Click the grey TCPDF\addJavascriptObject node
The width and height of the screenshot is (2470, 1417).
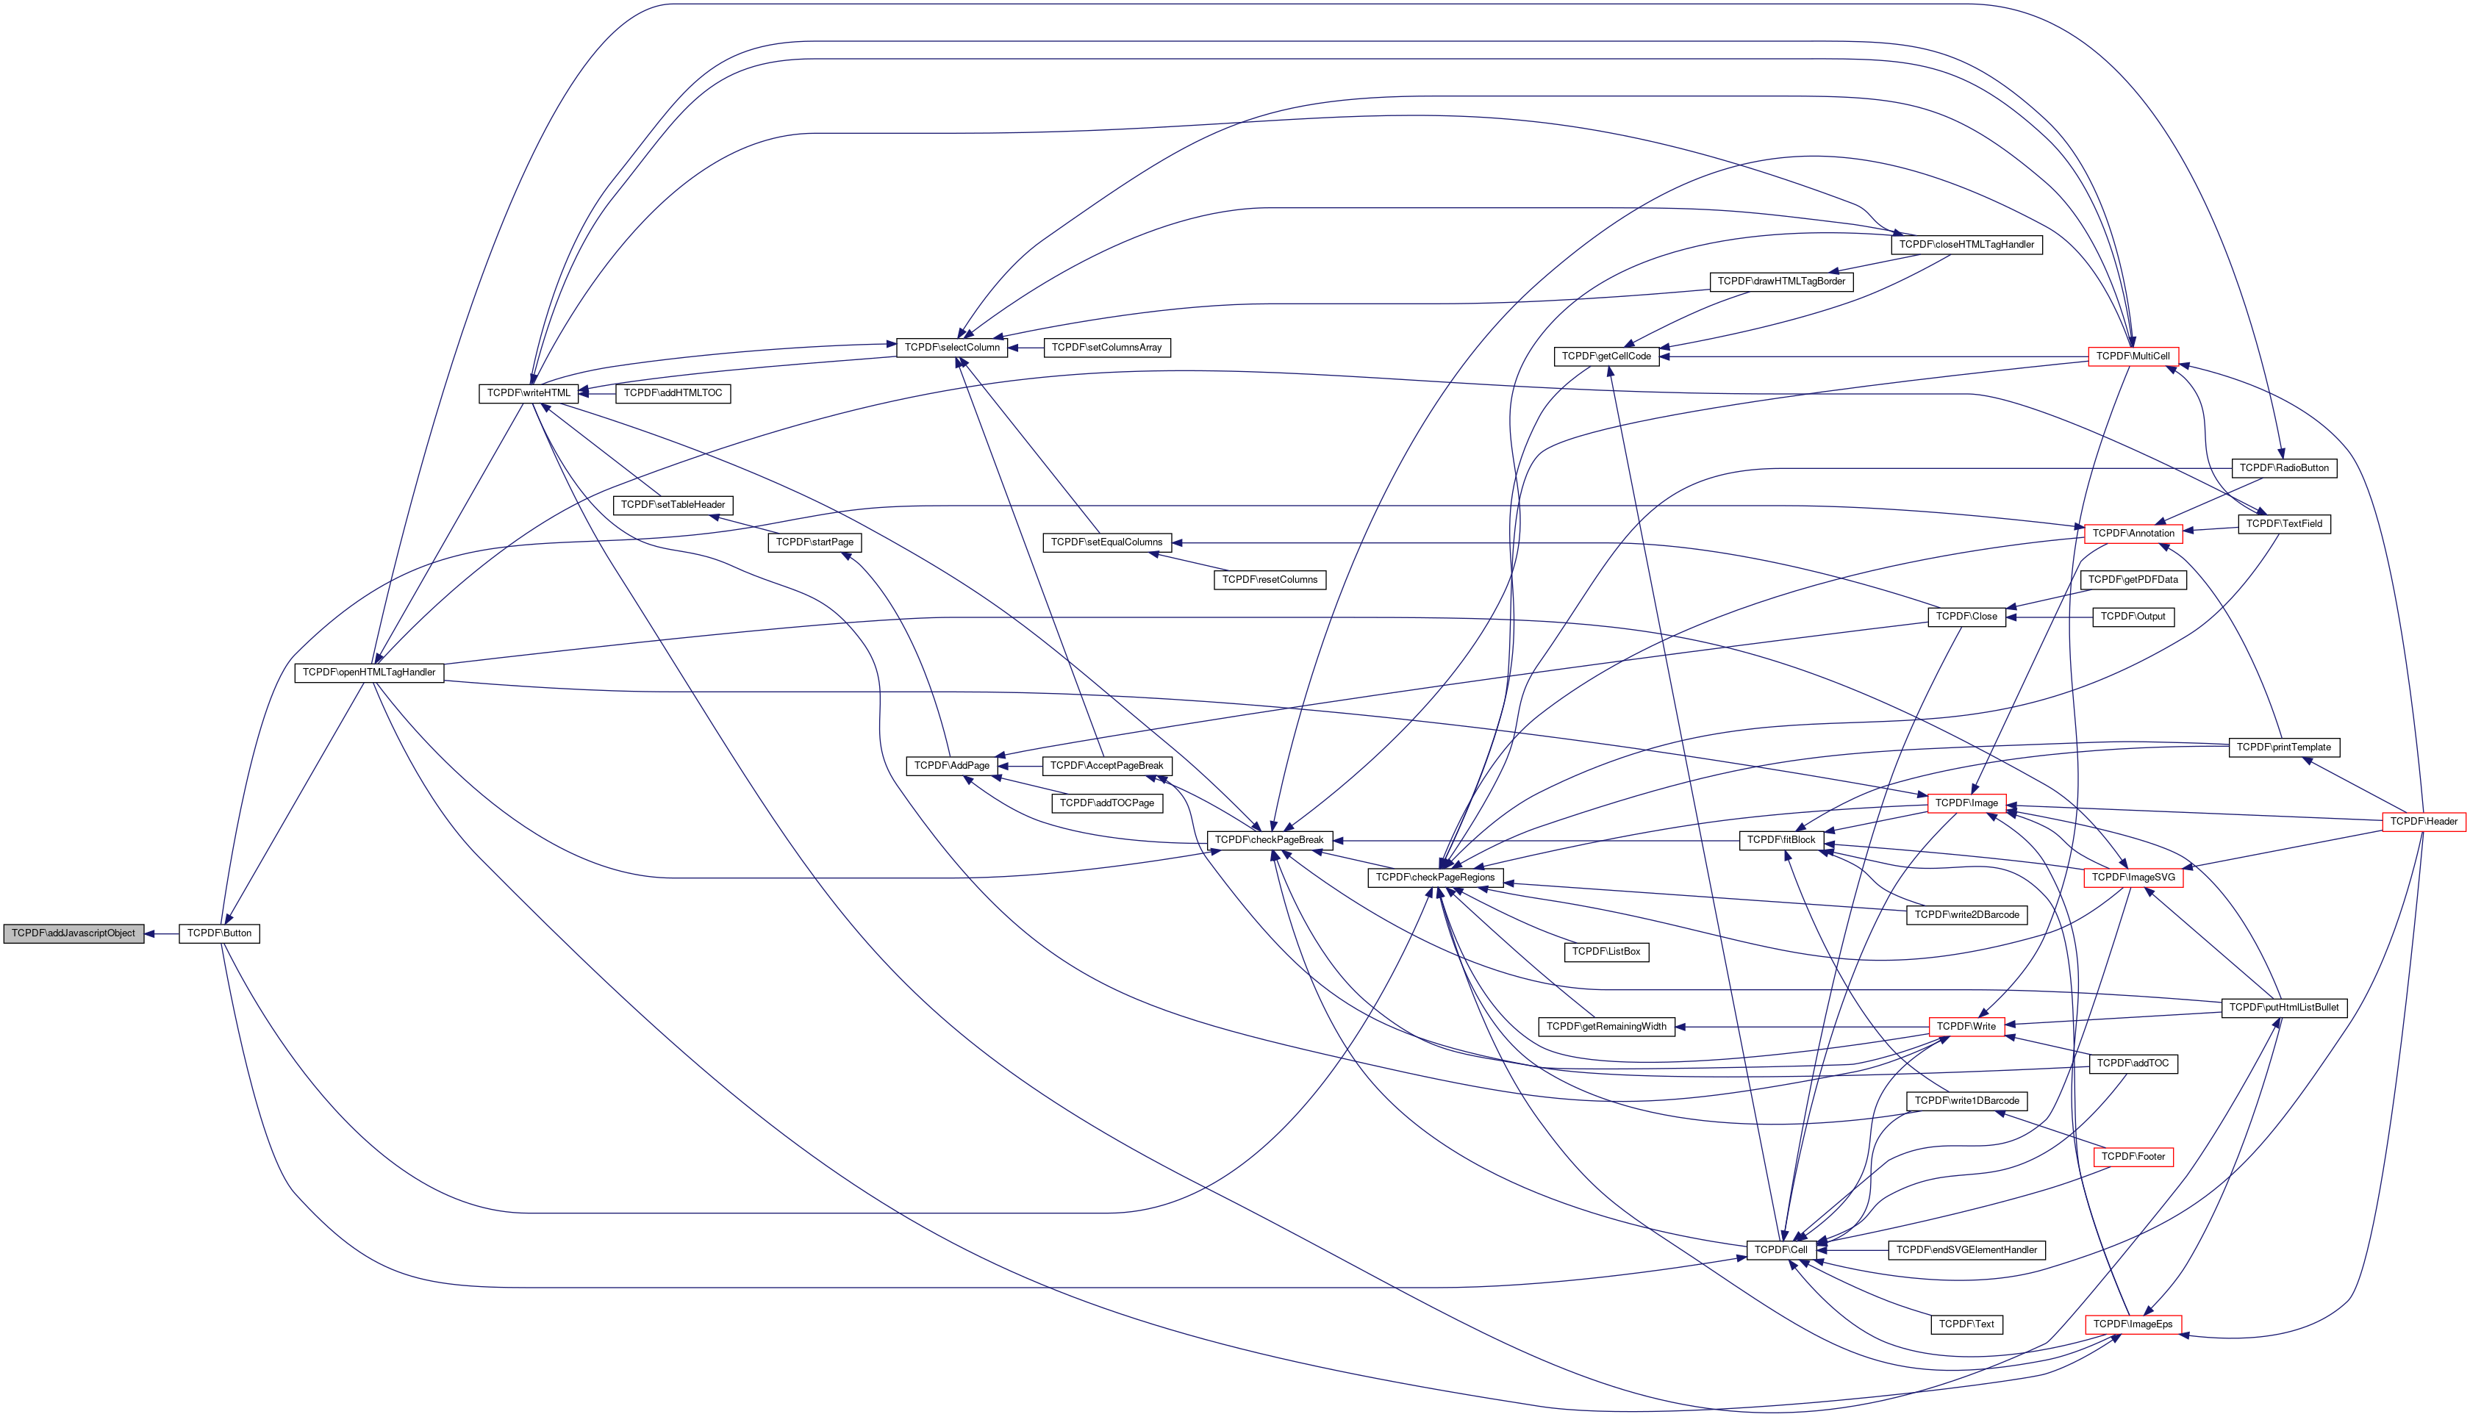coord(73,933)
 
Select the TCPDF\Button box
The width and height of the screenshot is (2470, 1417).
coord(219,933)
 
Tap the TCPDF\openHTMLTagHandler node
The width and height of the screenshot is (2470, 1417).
coord(369,672)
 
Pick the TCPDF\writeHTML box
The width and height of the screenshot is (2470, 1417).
coord(529,393)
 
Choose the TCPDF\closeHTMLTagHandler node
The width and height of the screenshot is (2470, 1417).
coord(1966,244)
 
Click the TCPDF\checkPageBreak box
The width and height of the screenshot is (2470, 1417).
coord(1268,840)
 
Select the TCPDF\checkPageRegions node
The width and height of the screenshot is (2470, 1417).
coord(1434,878)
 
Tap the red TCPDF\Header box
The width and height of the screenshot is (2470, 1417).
coord(2423,822)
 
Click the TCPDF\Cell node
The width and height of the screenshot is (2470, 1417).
coord(1776,1249)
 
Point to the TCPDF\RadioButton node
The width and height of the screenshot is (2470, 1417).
coord(2283,468)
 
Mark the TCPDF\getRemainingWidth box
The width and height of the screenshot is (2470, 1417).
coord(1606,1027)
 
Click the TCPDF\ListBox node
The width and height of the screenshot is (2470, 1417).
coord(1606,952)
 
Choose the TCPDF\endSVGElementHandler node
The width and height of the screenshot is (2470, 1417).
coord(1966,1249)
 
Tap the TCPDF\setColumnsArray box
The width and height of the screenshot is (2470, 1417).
coord(1106,348)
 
